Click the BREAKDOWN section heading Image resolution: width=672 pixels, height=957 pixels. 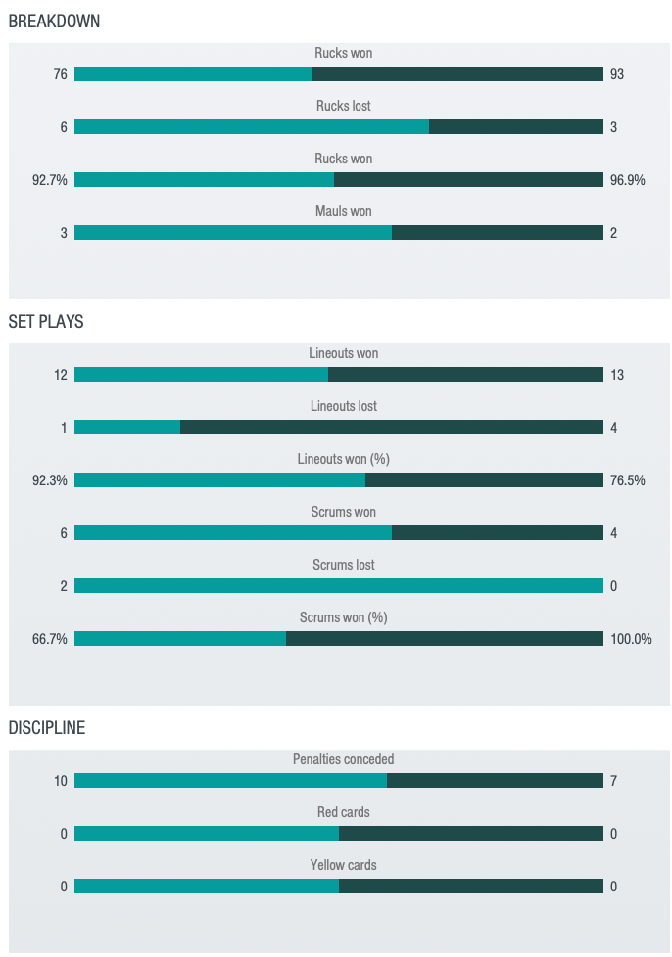54,21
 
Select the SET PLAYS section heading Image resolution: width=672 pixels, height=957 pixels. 46,321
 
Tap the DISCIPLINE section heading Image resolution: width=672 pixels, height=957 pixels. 46,728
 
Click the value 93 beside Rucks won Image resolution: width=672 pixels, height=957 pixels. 617,74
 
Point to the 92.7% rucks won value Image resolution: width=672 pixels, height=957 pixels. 50,180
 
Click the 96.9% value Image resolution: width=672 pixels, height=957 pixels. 627,180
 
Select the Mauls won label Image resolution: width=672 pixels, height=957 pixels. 343,211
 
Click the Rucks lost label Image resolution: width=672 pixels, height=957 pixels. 343,106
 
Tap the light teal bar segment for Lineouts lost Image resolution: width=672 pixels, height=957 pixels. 127,428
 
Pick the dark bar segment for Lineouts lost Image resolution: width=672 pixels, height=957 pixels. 392,428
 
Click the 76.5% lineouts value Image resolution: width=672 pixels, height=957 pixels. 627,480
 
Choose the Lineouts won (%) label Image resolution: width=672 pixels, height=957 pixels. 343,459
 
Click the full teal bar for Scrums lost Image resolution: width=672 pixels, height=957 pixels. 338,586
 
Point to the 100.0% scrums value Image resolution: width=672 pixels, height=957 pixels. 631,639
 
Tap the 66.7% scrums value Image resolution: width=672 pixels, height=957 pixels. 50,639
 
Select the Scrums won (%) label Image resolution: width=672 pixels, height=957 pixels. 343,617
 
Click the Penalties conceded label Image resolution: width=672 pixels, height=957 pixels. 343,759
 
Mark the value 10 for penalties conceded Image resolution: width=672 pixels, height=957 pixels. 61,781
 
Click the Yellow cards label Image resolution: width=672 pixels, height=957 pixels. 343,865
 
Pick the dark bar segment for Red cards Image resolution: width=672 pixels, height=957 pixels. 470,834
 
